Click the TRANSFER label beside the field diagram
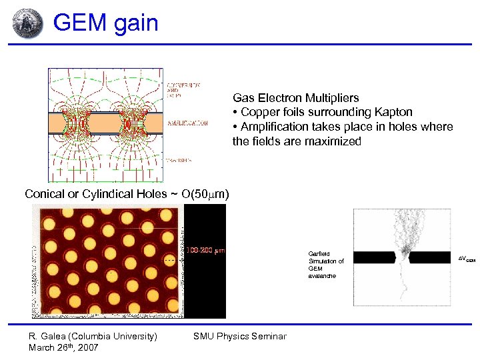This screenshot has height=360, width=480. click(179, 160)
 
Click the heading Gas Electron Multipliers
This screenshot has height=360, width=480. click(295, 97)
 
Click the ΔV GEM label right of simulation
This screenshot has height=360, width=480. click(467, 257)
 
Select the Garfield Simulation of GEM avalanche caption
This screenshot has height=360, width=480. click(326, 265)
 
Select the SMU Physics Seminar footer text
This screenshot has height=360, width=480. click(239, 336)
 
